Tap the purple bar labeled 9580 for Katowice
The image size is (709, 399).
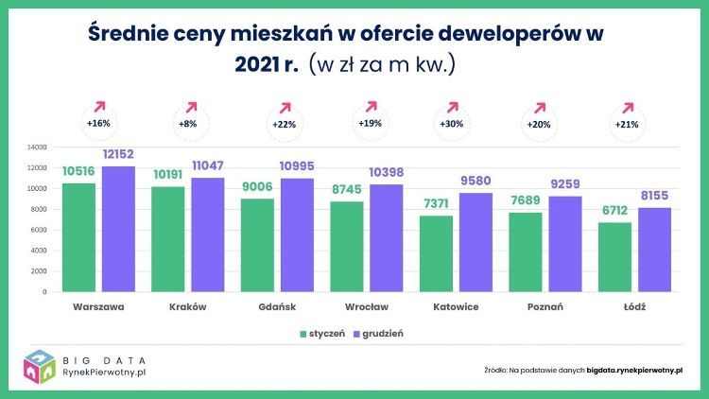coord(476,242)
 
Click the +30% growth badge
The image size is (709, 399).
coord(452,124)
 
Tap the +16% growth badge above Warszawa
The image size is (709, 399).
coord(98,124)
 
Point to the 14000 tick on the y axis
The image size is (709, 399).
coord(37,147)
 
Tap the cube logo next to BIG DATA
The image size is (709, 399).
coord(41,368)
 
